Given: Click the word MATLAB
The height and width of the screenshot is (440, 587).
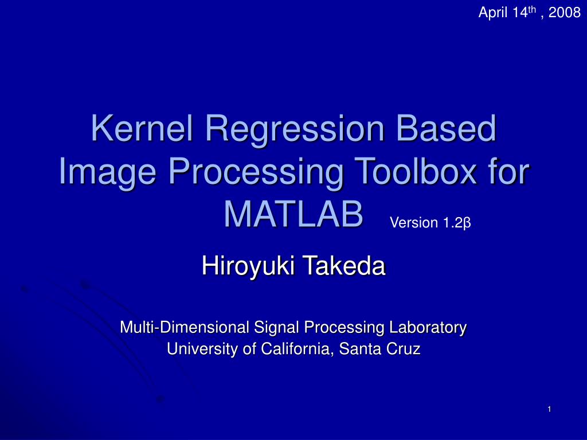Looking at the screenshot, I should click(x=293, y=213).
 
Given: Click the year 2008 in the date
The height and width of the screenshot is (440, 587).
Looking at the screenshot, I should click(x=565, y=13).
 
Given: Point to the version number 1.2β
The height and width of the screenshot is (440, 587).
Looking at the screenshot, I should click(x=456, y=223).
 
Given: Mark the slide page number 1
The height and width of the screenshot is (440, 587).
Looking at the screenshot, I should click(x=549, y=408).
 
